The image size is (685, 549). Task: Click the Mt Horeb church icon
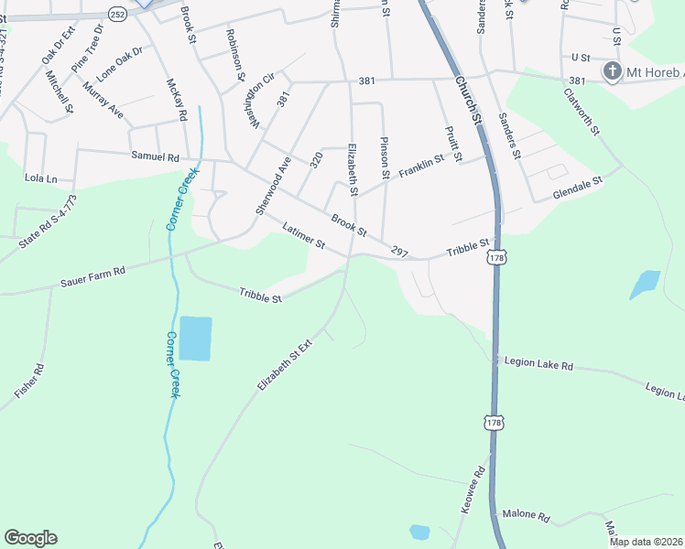[612, 71]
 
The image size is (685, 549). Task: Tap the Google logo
[30, 538]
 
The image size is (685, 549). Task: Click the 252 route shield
[117, 14]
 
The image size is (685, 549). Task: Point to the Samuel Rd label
[155, 156]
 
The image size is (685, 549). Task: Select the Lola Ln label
[40, 178]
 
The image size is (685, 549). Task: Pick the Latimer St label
[304, 236]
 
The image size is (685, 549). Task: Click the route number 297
[398, 251]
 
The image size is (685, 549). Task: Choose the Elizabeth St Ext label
[285, 365]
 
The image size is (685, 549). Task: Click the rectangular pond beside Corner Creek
[195, 338]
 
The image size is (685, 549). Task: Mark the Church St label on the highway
[467, 102]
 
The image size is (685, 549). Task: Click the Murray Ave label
[102, 98]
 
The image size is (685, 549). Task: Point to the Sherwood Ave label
[273, 186]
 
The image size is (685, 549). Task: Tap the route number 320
[317, 160]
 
